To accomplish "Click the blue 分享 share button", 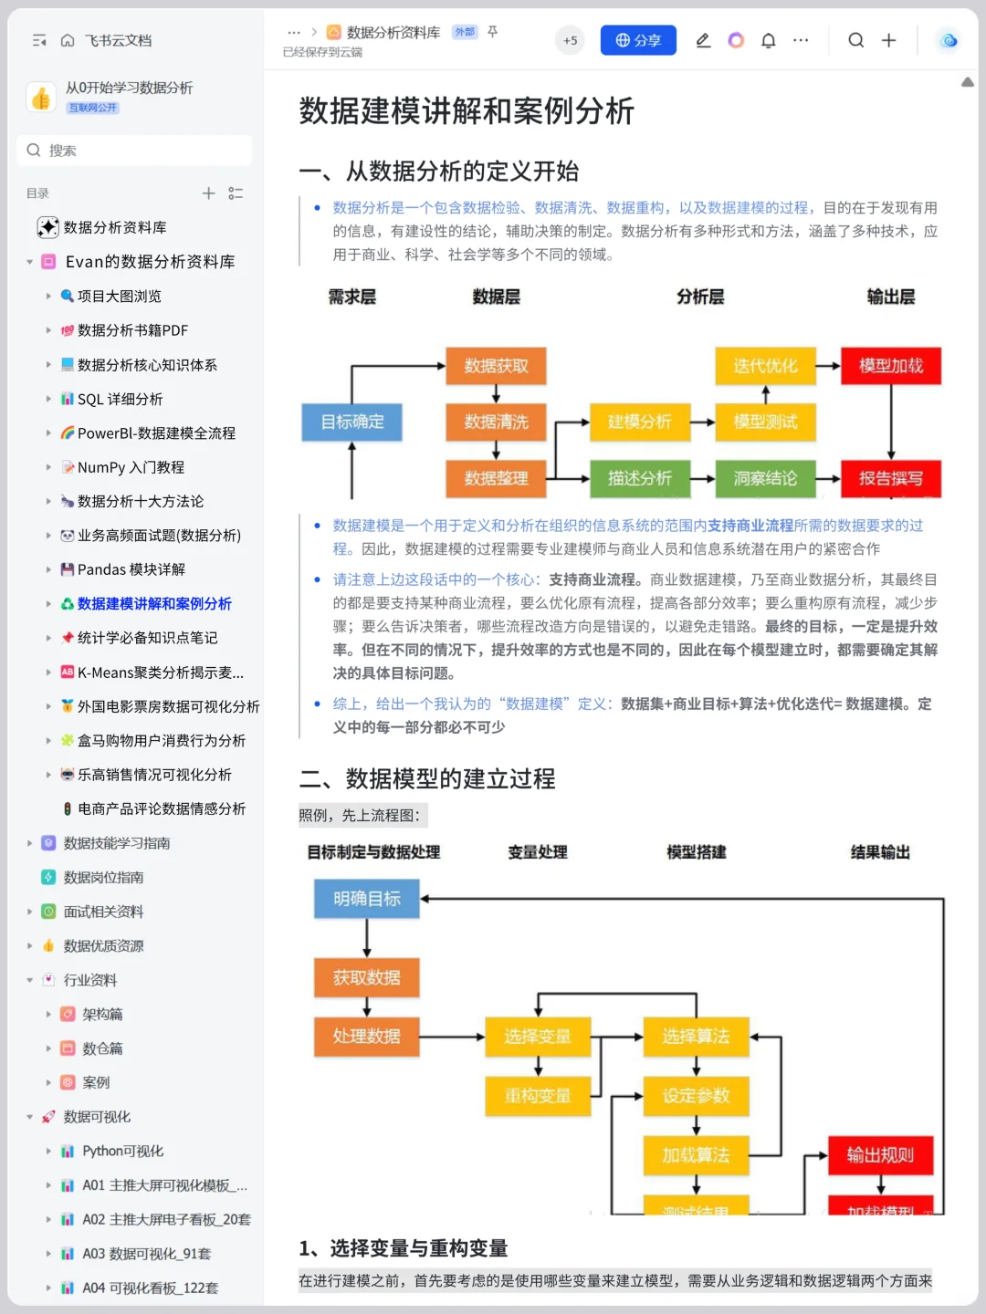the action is coord(638,40).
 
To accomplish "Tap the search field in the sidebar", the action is coord(134,151).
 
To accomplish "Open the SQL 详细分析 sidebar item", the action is coord(120,399).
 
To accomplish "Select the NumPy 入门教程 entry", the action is coord(131,467).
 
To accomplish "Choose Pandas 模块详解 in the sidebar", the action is coord(131,569).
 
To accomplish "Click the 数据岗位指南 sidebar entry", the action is coord(103,877).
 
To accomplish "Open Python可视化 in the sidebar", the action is coord(122,1151).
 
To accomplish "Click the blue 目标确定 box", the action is coord(352,422).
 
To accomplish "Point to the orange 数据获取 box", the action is coord(496,366).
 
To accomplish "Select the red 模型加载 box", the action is coord(890,366).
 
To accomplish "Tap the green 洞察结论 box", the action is coord(765,478).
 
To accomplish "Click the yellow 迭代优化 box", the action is coord(765,366).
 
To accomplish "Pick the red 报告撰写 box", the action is coord(890,478).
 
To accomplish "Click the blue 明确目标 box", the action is coord(366,899).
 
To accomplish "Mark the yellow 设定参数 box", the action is coord(696,1096).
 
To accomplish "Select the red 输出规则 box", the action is coord(880,1155).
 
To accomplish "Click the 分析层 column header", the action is coord(700,297).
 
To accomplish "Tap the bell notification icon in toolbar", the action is coord(769,40).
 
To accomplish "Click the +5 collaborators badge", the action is coord(570,40).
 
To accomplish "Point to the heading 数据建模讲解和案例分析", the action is coord(467,111).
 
